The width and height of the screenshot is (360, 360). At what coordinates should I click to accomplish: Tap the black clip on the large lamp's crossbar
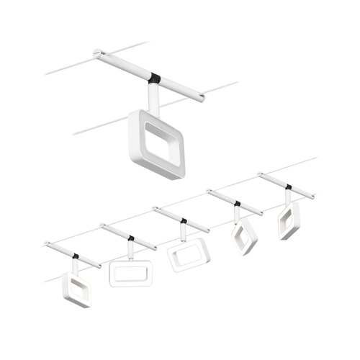(x=156, y=77)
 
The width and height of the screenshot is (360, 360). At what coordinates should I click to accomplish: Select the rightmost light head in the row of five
(x=289, y=220)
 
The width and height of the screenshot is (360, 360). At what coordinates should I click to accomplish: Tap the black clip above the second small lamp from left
(x=131, y=237)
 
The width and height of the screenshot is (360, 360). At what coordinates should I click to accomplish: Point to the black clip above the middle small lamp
(x=184, y=220)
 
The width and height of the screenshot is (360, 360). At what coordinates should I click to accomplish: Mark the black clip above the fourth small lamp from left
(x=238, y=203)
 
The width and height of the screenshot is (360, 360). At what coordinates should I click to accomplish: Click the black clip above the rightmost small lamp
(x=288, y=187)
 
